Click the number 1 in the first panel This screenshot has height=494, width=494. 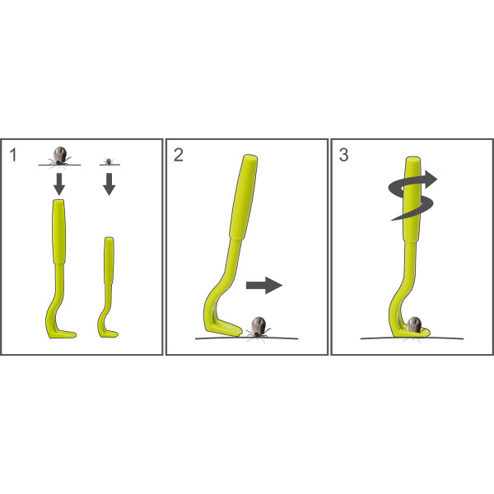[13, 155]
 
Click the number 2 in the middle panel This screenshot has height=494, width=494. [179, 155]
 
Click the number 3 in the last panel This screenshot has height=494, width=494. [343, 155]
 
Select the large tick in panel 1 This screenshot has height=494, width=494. [59, 156]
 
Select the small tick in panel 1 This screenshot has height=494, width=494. [109, 161]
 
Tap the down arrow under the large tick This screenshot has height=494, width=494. [59, 184]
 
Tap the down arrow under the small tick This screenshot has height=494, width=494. [109, 184]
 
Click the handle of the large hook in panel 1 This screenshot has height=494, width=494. [59, 231]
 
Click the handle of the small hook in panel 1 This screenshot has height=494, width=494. [109, 260]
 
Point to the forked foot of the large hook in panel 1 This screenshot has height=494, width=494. [63, 334]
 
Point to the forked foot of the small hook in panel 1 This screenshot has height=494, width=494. [109, 333]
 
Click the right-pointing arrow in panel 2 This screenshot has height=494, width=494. [264, 286]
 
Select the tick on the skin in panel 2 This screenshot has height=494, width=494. [259, 328]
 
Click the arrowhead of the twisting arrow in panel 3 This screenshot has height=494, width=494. [431, 179]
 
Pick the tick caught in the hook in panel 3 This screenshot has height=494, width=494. [414, 325]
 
